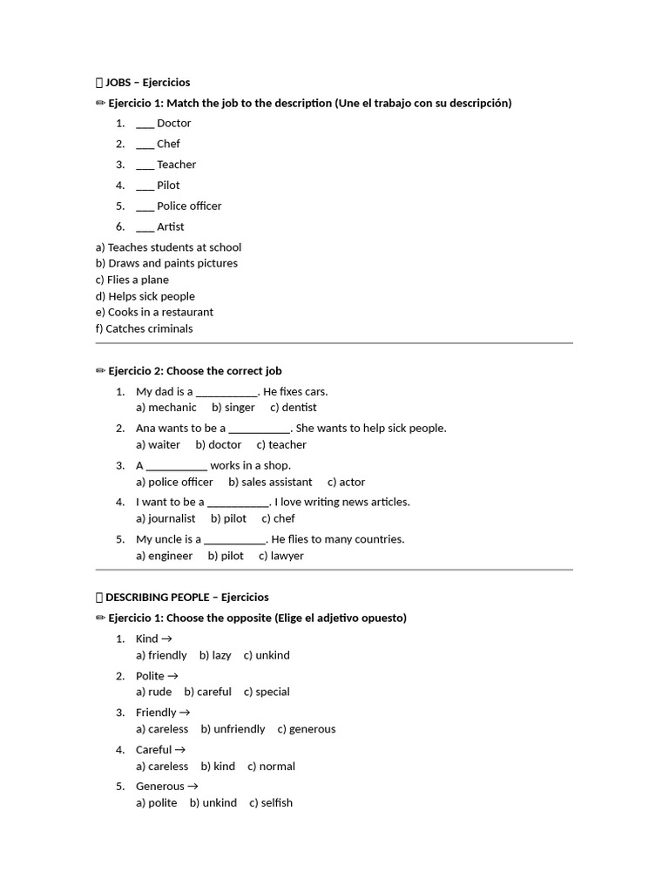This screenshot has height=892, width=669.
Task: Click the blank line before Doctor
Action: point(145,124)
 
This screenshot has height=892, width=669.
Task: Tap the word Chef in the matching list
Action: point(168,144)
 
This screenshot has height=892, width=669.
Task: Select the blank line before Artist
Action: point(145,227)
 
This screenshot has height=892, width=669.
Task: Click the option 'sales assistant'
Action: point(270,482)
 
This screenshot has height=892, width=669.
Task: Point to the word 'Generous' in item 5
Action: point(160,787)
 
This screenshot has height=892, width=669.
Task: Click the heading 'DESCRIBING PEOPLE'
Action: point(157,598)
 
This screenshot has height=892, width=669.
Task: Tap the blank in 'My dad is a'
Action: point(227,392)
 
